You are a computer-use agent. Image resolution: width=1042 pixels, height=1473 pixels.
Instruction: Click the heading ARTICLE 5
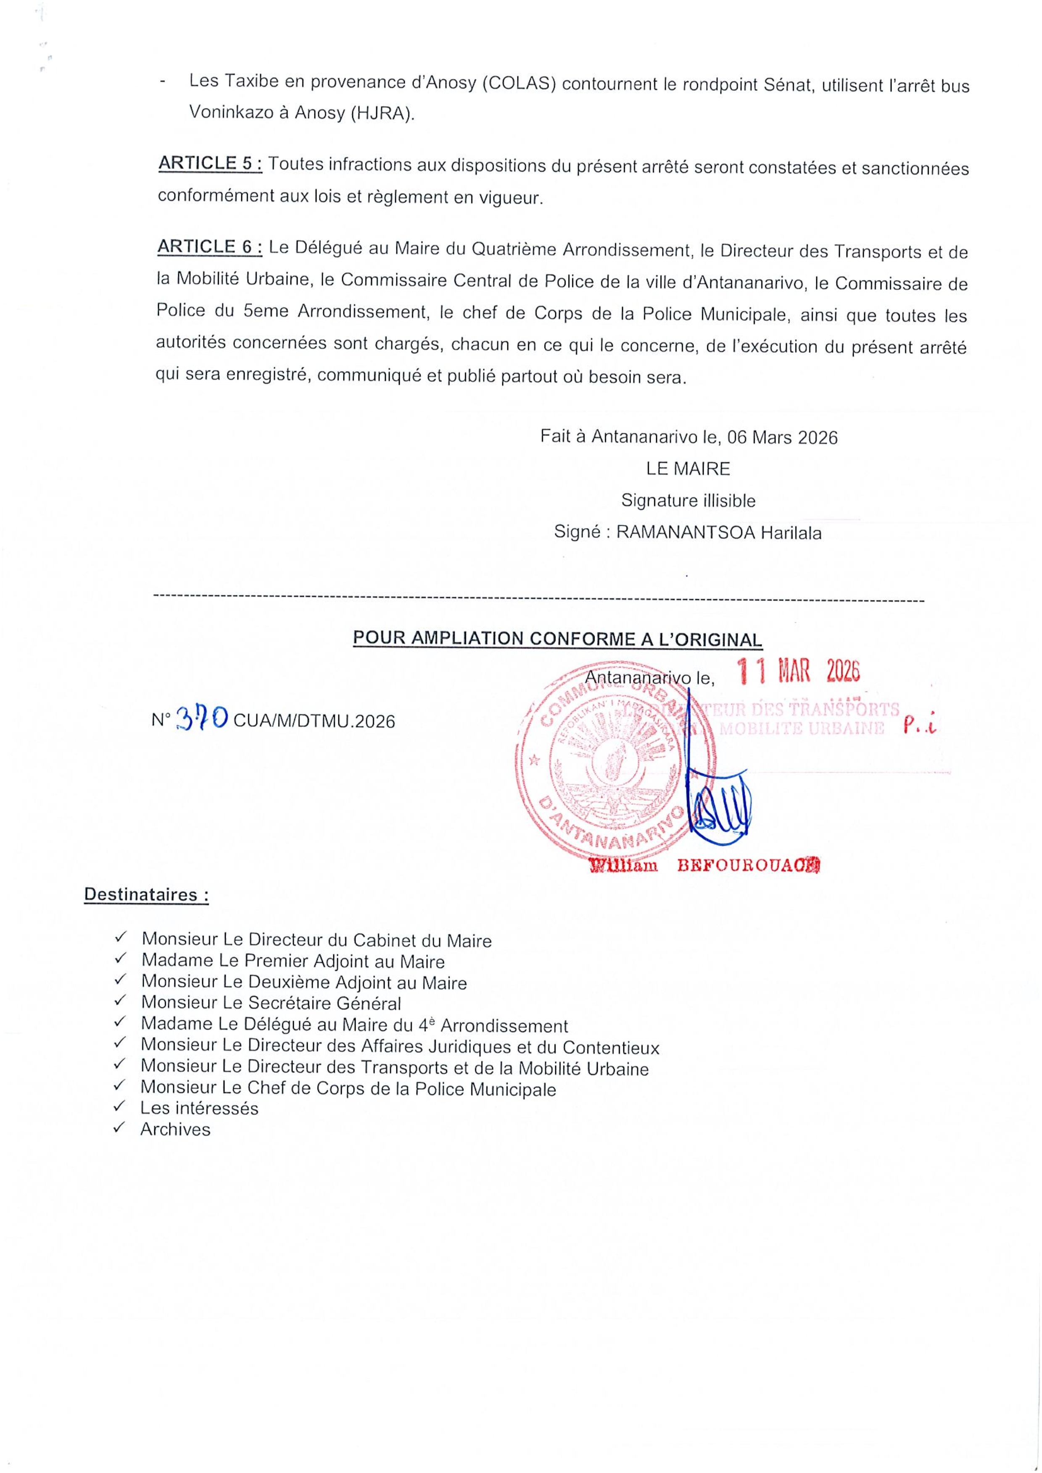coord(209,164)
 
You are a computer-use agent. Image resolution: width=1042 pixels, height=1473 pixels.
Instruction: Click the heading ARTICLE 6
coord(209,246)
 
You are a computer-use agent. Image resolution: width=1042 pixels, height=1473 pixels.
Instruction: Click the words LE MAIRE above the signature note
coord(688,469)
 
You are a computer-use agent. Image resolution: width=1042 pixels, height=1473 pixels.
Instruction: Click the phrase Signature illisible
coord(688,501)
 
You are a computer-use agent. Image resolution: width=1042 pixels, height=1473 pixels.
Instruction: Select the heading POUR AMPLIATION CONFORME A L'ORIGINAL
coord(557,639)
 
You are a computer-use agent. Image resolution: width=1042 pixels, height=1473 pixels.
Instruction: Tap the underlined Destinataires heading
coord(146,894)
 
